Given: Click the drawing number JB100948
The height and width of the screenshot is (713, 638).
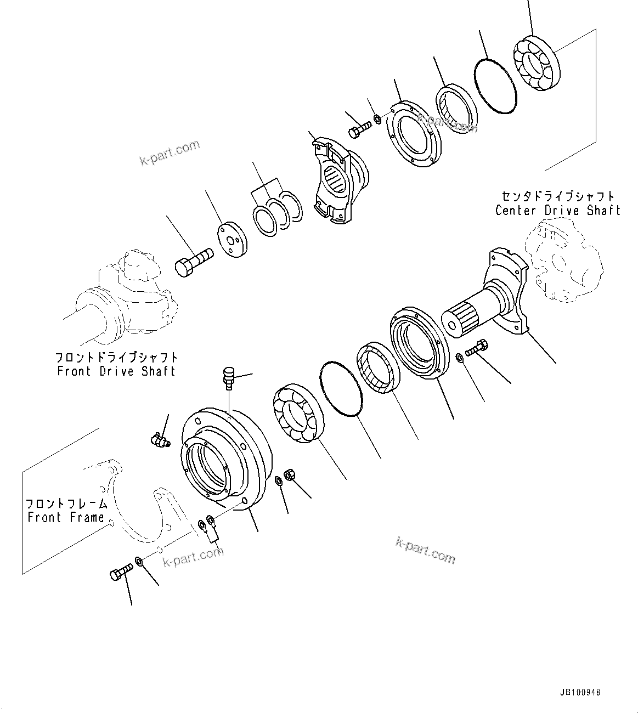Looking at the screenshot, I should [581, 692].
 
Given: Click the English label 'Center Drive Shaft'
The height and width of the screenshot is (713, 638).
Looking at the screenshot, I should [557, 210].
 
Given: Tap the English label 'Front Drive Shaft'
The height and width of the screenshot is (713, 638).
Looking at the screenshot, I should [116, 371].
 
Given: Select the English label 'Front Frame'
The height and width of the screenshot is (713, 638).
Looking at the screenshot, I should [66, 517].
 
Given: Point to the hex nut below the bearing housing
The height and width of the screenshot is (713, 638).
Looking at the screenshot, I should [290, 476].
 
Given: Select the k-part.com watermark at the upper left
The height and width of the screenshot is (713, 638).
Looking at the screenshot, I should [170, 153].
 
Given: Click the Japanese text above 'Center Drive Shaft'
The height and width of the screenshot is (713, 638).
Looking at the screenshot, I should [557, 196].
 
